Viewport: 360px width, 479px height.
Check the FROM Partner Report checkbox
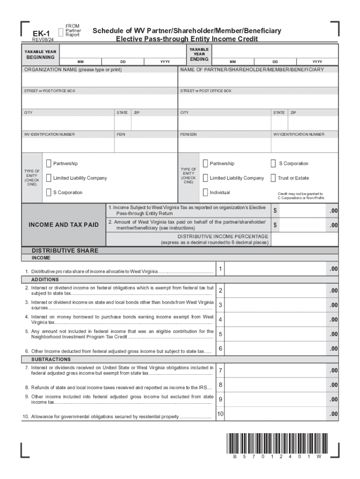(60, 31)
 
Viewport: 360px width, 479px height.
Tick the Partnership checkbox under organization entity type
(49, 163)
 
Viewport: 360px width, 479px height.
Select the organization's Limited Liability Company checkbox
(49, 178)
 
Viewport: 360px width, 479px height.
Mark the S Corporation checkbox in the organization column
(49, 192)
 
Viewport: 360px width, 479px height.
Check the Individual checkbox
(205, 192)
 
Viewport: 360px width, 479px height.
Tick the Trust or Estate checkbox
(273, 178)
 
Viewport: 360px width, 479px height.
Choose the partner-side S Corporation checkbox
(273, 163)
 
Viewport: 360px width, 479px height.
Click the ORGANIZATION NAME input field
(100, 80)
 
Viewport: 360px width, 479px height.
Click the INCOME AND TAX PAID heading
(64, 225)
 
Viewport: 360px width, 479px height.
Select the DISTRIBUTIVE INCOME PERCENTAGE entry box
(304, 239)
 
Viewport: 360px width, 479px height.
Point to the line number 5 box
(220, 334)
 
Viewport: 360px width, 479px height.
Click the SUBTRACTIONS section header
(51, 359)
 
